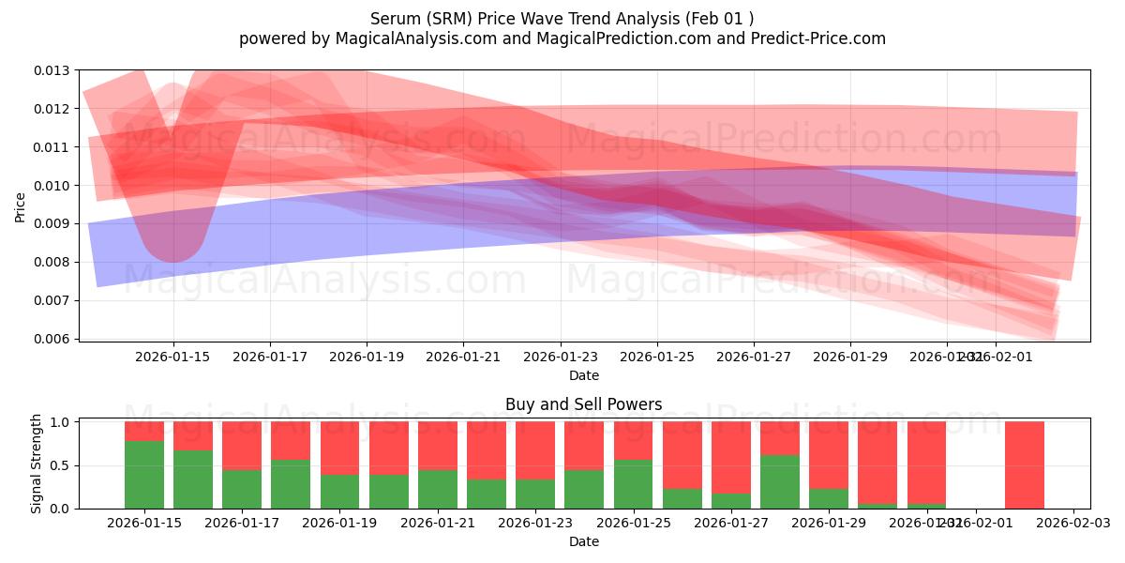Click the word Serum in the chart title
click(393, 19)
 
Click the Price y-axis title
click(21, 206)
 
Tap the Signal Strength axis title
click(37, 464)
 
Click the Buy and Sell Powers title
click(583, 404)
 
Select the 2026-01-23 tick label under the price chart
click(560, 357)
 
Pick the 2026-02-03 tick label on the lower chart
click(1073, 523)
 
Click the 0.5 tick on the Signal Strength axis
click(60, 465)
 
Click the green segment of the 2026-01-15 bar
click(144, 475)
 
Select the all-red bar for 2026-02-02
click(1024, 464)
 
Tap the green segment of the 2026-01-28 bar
click(779, 481)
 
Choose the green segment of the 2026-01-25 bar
click(633, 484)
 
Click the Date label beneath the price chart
click(583, 375)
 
